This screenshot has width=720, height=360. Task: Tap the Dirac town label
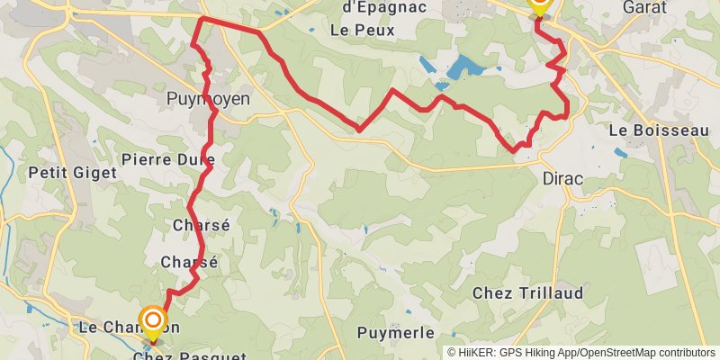[x=562, y=178]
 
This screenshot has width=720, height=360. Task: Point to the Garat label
[x=644, y=6]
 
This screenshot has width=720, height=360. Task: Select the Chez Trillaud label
[x=528, y=293]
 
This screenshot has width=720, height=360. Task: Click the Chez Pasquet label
[x=189, y=356]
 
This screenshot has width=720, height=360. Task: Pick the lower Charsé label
[x=189, y=262]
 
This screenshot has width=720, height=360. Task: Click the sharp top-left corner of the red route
[x=200, y=19]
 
